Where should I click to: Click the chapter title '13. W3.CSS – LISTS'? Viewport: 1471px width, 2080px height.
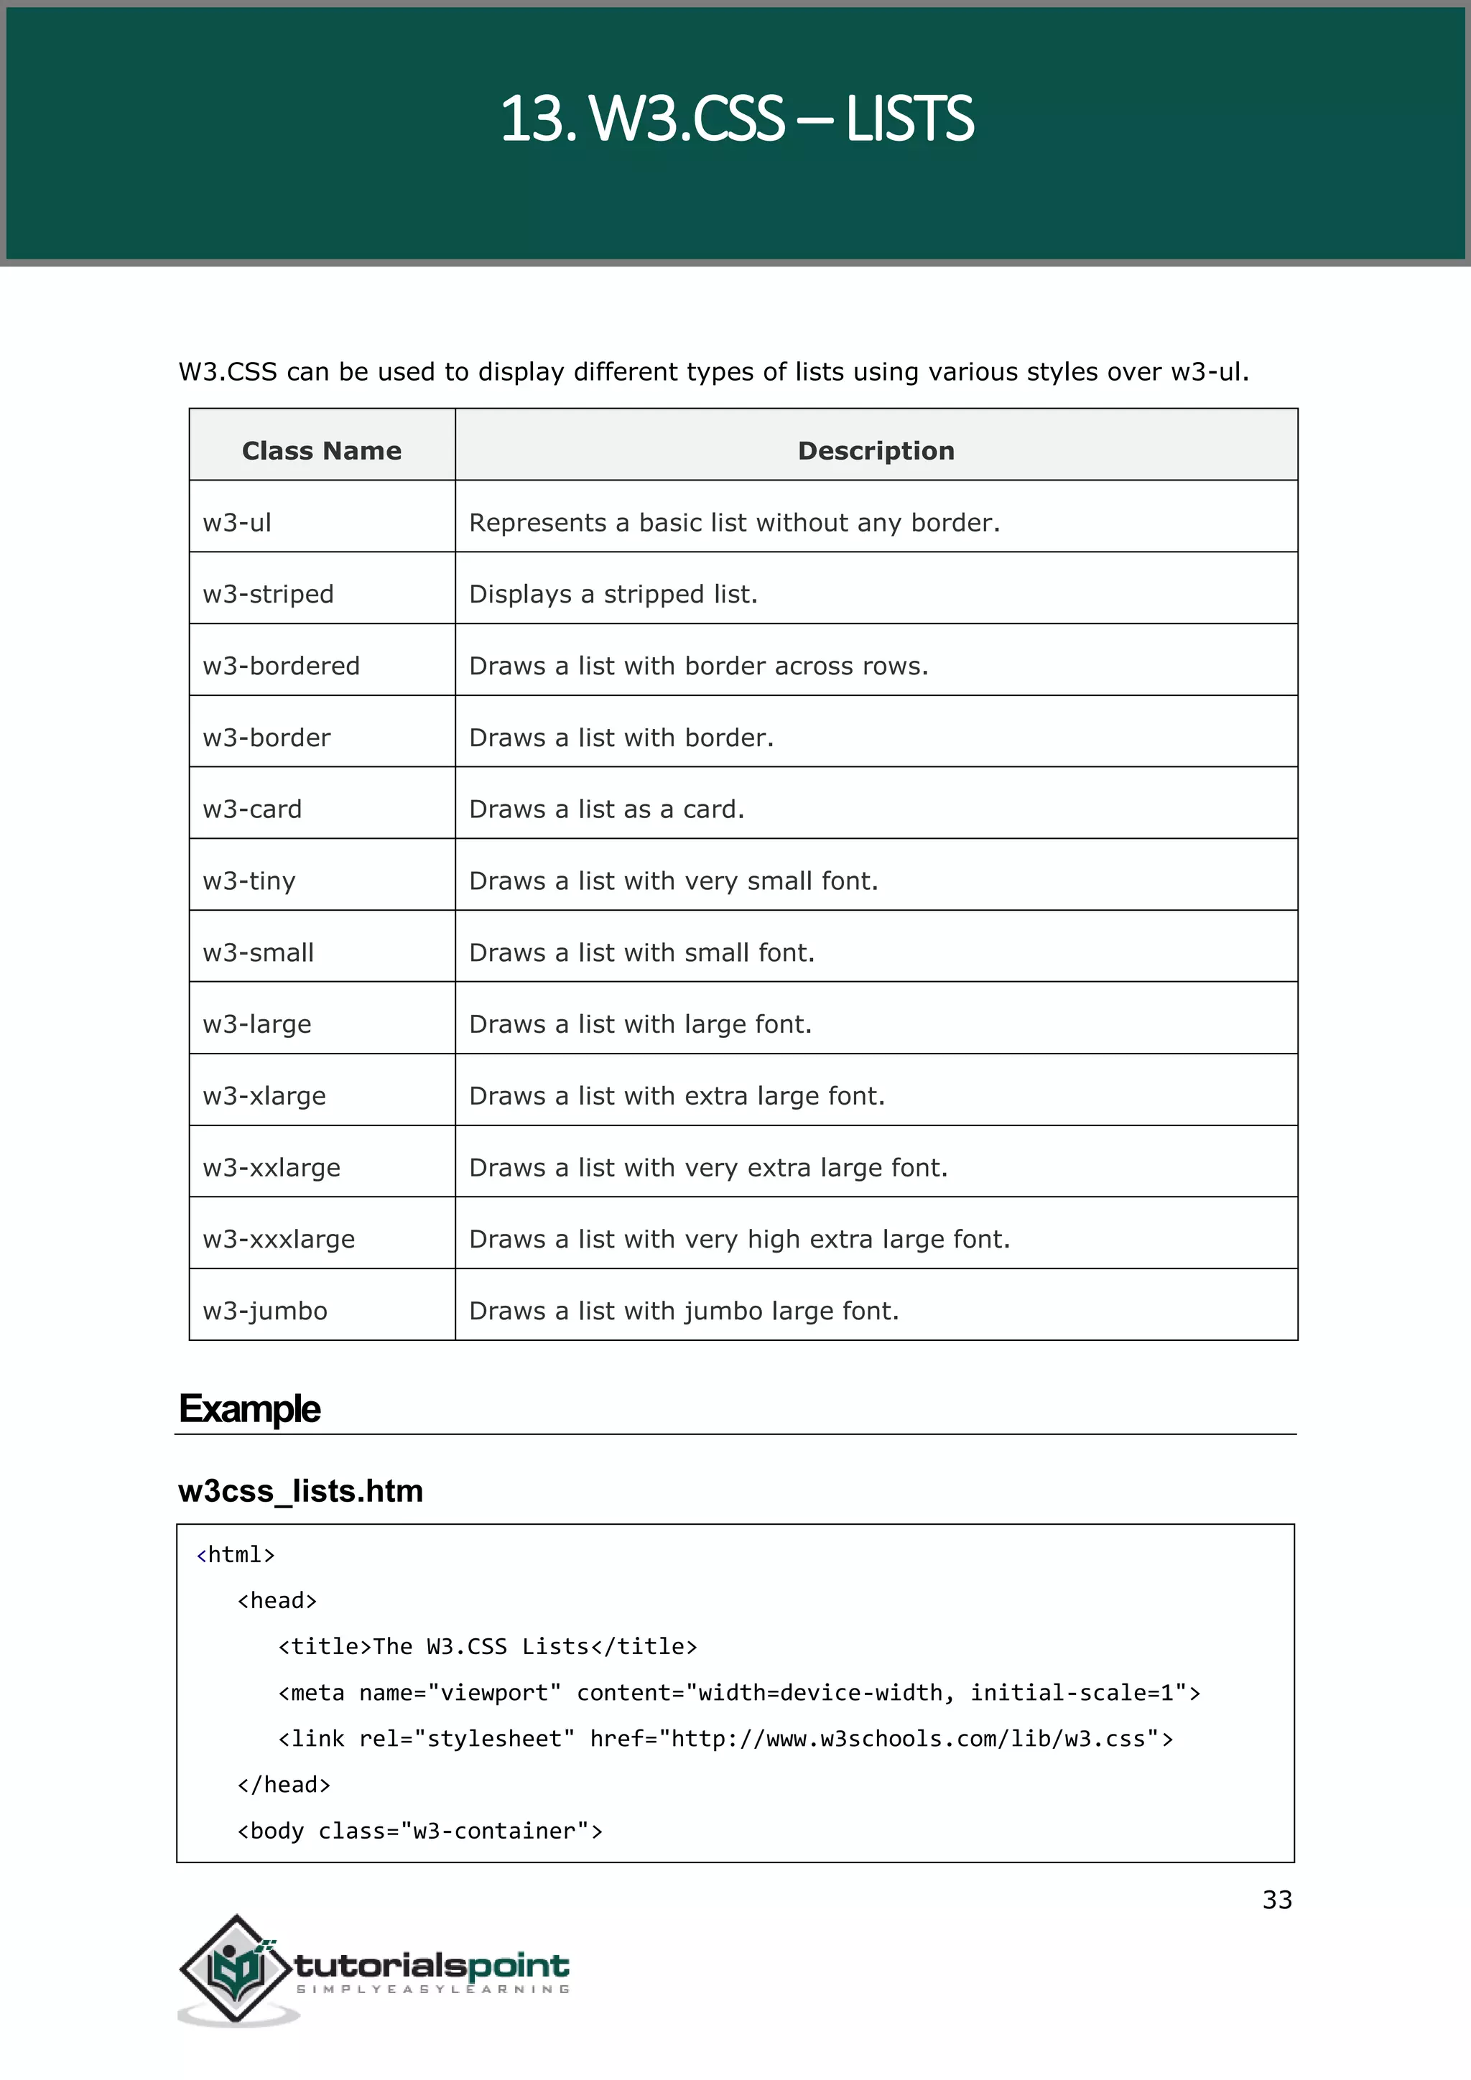click(735, 119)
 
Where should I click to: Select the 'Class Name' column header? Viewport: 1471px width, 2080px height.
click(322, 450)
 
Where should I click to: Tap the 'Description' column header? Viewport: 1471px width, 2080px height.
click(875, 450)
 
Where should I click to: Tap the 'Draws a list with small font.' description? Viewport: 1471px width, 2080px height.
click(641, 952)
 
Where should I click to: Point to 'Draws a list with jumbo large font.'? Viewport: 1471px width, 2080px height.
click(683, 1311)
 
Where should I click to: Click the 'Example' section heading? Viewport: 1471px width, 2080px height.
click(250, 1408)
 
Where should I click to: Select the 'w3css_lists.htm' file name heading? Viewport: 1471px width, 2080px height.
click(301, 1491)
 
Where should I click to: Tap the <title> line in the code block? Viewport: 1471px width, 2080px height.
click(487, 1646)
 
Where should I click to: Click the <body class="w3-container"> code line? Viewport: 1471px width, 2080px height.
click(419, 1831)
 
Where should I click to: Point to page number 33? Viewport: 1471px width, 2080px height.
click(1276, 1900)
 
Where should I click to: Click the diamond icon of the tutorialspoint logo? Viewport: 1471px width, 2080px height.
click(236, 1968)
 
